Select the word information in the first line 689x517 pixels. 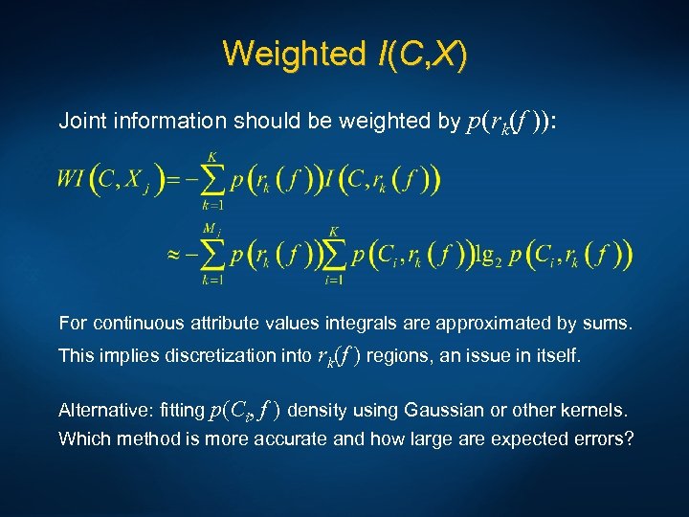[x=163, y=122]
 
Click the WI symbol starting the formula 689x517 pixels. [x=72, y=179]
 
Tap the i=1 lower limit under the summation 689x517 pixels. [x=334, y=280]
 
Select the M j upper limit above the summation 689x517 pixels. [x=211, y=229]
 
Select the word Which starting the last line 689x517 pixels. [x=83, y=439]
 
